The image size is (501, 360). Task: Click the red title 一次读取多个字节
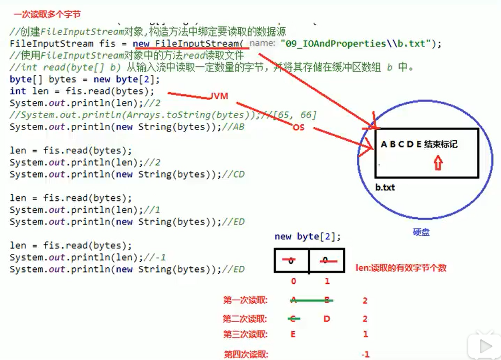click(47, 15)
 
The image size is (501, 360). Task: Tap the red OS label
click(298, 128)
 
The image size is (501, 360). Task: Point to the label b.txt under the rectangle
click(385, 187)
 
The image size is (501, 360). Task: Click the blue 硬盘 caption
click(421, 232)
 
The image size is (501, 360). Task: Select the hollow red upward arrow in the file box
click(438, 163)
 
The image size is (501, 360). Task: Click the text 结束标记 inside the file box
click(441, 144)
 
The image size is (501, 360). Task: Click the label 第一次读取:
click(246, 300)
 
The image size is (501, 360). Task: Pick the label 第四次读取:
click(246, 354)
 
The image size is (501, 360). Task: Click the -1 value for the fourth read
click(366, 354)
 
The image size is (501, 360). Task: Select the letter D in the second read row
click(327, 319)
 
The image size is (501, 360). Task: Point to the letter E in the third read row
click(293, 334)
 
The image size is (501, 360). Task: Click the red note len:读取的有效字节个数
click(401, 268)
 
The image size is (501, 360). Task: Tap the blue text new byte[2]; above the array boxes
click(308, 237)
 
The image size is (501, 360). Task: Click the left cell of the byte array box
click(292, 261)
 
